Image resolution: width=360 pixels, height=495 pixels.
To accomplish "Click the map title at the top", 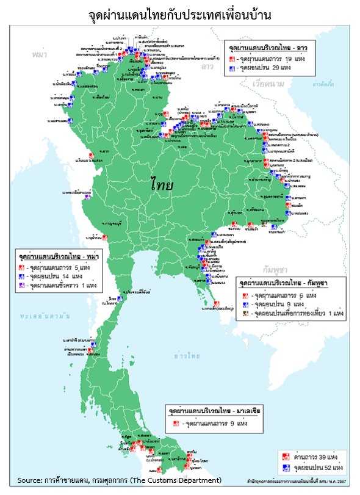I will (x=180, y=13).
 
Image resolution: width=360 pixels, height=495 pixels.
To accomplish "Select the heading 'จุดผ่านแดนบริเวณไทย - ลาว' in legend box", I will (x=268, y=46).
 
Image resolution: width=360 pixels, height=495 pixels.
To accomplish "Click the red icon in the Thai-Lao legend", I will (x=232, y=59).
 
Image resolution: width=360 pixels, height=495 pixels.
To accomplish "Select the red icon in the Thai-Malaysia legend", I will (x=176, y=422).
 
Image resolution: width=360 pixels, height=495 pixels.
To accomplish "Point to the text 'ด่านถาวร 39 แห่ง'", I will (x=311, y=457).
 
